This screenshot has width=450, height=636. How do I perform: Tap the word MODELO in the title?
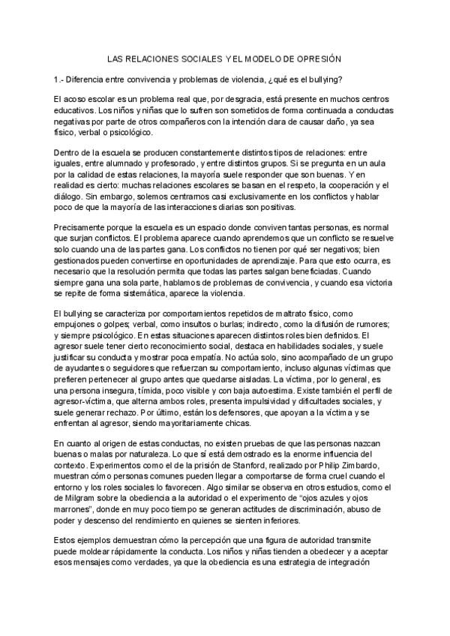click(262, 58)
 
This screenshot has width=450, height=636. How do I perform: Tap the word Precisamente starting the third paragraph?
click(79, 226)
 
